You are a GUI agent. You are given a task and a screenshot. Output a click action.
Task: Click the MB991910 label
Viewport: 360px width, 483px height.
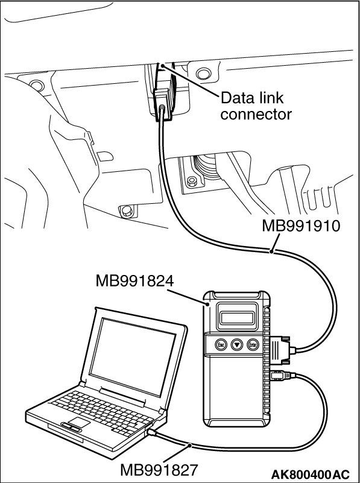[x=301, y=226]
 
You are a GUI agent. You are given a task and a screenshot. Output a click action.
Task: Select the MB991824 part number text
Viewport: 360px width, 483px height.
[x=134, y=281]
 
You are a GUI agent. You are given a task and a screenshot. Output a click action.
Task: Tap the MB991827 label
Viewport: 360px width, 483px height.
[x=159, y=470]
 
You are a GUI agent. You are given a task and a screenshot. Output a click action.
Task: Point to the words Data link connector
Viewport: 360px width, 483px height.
[x=256, y=106]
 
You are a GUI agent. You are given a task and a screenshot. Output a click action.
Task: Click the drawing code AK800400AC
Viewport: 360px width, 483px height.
[x=310, y=473]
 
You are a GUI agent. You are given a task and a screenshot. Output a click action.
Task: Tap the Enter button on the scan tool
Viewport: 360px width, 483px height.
[x=253, y=345]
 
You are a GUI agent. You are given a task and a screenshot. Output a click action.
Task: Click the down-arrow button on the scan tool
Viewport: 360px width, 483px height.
[x=237, y=345]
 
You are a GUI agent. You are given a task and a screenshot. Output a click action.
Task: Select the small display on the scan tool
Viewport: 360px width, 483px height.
[x=237, y=317]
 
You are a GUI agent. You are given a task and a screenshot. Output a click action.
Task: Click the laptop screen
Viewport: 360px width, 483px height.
[x=133, y=358]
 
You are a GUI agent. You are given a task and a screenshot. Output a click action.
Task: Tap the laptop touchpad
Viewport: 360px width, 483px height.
[x=79, y=422]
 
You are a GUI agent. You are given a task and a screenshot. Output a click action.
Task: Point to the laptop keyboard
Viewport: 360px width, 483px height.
[x=102, y=412]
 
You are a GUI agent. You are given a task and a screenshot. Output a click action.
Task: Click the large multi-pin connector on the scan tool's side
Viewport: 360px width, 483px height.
[x=281, y=350]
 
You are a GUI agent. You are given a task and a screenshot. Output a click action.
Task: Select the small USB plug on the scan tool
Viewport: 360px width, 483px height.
[x=282, y=376]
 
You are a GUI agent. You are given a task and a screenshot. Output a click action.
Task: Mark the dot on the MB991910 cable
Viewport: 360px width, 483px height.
[x=271, y=252]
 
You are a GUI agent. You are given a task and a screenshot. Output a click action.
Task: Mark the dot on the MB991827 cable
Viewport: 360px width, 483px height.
[x=190, y=445]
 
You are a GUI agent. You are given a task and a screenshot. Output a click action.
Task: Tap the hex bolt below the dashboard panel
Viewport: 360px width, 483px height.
[x=127, y=211]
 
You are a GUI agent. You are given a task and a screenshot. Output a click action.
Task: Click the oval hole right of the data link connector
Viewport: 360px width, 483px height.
[x=203, y=74]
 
